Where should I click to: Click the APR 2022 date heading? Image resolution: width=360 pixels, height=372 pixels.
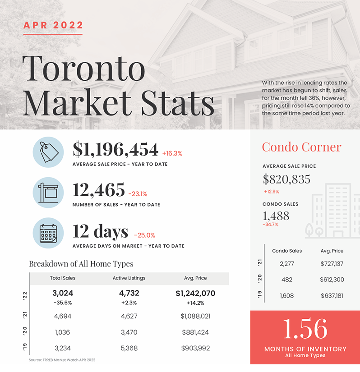pyautogui.click(x=53, y=25)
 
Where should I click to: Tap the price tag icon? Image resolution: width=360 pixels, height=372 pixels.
pyautogui.click(x=48, y=152)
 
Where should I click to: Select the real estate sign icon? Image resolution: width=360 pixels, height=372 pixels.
pyautogui.click(x=48, y=193)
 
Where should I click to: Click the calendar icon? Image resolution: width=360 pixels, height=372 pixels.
pyautogui.click(x=48, y=233)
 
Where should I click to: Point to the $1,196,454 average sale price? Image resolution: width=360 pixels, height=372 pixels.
pyautogui.click(x=115, y=149)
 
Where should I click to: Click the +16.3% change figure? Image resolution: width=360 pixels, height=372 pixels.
pyautogui.click(x=172, y=153)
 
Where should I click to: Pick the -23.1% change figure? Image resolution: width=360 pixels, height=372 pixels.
pyautogui.click(x=138, y=194)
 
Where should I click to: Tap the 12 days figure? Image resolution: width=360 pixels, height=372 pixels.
pyautogui.click(x=100, y=231)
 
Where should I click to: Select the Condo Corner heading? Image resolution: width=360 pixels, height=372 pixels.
pyautogui.click(x=302, y=147)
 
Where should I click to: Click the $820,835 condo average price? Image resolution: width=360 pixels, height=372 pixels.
pyautogui.click(x=286, y=179)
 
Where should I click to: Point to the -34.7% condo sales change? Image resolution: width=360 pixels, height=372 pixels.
pyautogui.click(x=271, y=225)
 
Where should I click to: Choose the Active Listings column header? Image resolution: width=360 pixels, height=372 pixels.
pyautogui.click(x=129, y=278)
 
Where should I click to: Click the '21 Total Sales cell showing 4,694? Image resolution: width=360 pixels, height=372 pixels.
pyautogui.click(x=63, y=316)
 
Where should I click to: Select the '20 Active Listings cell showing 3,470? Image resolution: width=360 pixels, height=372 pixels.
pyautogui.click(x=129, y=332)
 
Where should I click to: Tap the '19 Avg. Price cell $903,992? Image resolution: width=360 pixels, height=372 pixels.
pyautogui.click(x=195, y=348)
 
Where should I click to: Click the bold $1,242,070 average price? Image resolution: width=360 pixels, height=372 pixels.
pyautogui.click(x=195, y=294)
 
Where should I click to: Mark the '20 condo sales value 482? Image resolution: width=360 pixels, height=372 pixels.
pyautogui.click(x=287, y=280)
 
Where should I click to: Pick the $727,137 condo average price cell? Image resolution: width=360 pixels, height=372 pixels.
pyautogui.click(x=332, y=264)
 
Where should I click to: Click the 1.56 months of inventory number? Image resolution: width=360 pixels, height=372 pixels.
pyautogui.click(x=305, y=329)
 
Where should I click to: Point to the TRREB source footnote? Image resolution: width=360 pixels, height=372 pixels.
pyautogui.click(x=62, y=360)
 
